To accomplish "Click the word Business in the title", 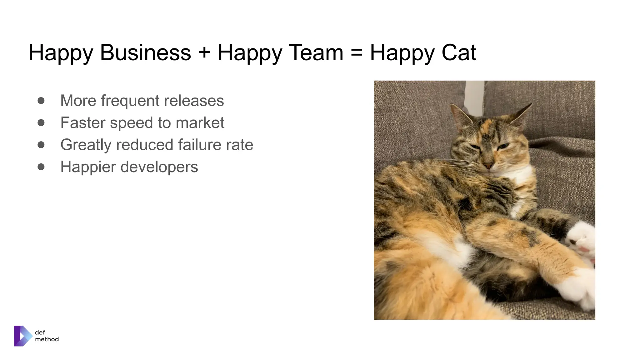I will (145, 52).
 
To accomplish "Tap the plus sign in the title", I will (204, 52).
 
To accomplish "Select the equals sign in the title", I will (356, 52).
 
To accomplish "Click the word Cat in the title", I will (459, 52).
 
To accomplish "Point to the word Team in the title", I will (316, 52).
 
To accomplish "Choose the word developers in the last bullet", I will (159, 167).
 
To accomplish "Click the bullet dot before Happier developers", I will (41, 167).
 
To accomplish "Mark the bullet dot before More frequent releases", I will (41, 101).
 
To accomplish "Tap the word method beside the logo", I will (47, 339).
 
